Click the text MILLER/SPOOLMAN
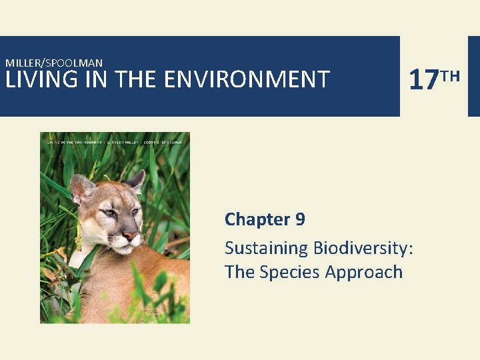coord(54,63)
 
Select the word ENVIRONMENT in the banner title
coord(246,79)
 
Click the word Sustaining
coord(263,249)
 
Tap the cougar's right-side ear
coord(136,180)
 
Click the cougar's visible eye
coord(111,214)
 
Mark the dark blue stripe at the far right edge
coord(473,76)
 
